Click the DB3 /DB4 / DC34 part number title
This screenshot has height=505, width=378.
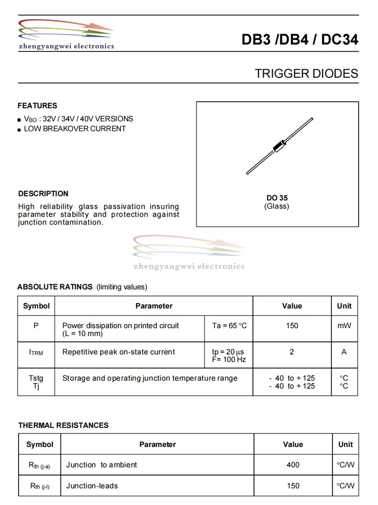pos(300,40)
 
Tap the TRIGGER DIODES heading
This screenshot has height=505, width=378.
pos(306,74)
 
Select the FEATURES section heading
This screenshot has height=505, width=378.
pos(37,106)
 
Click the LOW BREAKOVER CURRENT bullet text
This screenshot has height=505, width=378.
pos(75,129)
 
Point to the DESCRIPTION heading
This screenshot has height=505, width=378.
pos(43,193)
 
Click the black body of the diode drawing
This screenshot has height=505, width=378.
pos(279,145)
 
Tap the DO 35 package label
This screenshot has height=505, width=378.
pos(277,198)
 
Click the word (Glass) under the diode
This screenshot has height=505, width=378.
pos(277,207)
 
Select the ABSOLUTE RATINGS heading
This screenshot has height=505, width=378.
pos(55,287)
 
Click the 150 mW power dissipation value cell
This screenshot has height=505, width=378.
pos(292,326)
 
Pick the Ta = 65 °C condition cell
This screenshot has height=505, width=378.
pos(229,326)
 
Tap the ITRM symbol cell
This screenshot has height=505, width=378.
pos(36,352)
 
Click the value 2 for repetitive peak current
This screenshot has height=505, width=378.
pos(292,352)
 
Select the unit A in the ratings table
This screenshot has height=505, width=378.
pos(344,352)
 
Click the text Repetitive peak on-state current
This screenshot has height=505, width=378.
pos(118,352)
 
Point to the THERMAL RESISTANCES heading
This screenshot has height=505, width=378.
pos(64,425)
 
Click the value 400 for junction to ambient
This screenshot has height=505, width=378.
pos(293,465)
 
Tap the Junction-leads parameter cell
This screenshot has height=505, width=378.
pos(92,486)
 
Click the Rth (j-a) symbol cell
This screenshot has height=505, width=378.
pos(39,465)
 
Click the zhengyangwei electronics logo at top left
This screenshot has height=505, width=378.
pos(67,35)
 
